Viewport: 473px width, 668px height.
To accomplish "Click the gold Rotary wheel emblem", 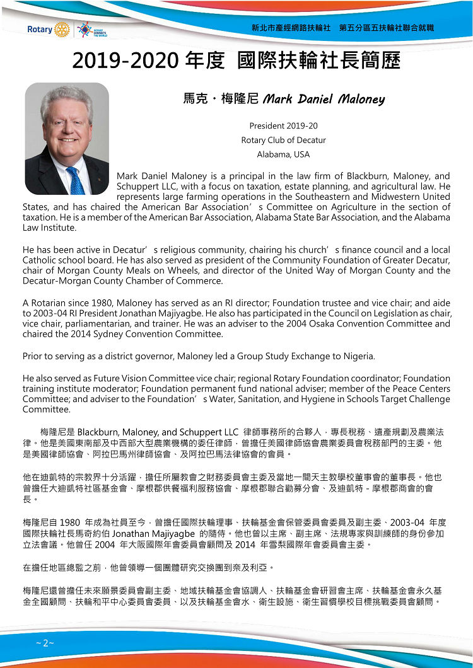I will coord(61,29).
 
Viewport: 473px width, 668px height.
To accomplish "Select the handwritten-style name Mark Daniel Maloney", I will coord(324,99).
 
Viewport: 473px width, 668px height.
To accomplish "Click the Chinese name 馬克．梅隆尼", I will coord(219,99).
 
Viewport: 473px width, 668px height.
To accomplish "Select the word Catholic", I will coord(40,260).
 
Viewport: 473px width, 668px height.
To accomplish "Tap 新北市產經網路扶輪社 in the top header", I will coord(291,28).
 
